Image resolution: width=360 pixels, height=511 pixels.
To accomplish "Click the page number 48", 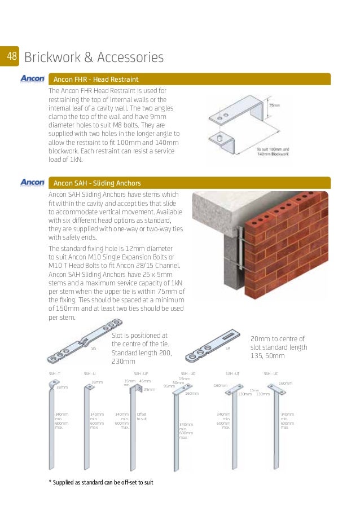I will [x=11, y=56].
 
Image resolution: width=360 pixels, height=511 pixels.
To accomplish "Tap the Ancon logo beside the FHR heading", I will [x=32, y=79].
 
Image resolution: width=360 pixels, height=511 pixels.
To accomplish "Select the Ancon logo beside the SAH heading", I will [x=32, y=183].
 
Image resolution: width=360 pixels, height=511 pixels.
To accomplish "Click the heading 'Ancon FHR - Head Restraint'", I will [x=96, y=80].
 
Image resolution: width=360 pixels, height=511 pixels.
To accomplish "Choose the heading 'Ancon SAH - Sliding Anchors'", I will [x=97, y=183].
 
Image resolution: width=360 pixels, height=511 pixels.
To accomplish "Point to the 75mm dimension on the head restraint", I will [x=274, y=105].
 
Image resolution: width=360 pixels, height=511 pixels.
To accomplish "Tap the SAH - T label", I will [x=54, y=374].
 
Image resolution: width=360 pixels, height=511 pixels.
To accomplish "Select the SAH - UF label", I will [x=141, y=374].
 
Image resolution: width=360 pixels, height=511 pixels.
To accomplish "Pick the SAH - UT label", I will [x=232, y=374].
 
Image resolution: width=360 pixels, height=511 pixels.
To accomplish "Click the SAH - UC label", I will [x=270, y=374].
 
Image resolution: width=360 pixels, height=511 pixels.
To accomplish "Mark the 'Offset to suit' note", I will [x=142, y=416].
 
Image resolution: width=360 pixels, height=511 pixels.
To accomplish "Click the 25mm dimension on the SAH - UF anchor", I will [x=150, y=389].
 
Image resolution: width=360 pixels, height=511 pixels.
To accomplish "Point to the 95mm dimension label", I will [x=169, y=386].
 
